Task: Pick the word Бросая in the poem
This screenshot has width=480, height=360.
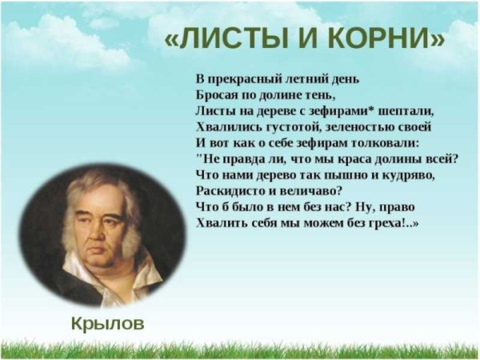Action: [x=217, y=95]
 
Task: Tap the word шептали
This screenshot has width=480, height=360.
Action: [x=407, y=110]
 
